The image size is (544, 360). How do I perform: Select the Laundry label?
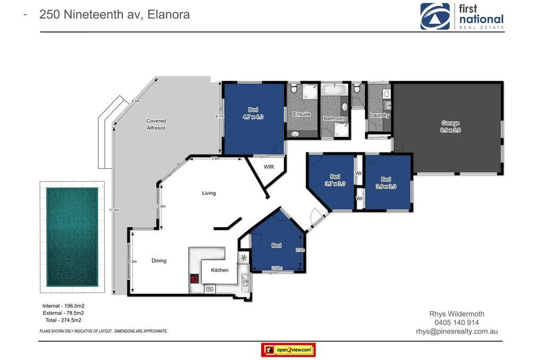pyautogui.click(x=379, y=115)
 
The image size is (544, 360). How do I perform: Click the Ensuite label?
pyautogui.click(x=302, y=114)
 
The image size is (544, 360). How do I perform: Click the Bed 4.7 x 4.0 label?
pyautogui.click(x=253, y=113)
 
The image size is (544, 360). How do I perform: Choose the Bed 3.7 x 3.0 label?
pyautogui.click(x=335, y=181)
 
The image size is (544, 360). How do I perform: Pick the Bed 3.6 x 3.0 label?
pyautogui.click(x=386, y=183)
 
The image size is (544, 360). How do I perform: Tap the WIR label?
pyautogui.click(x=269, y=167)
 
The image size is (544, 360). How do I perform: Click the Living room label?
pyautogui.click(x=209, y=193)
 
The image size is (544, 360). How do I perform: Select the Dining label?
pyautogui.click(x=159, y=261)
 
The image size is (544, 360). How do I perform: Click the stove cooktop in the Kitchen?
pyautogui.click(x=195, y=279)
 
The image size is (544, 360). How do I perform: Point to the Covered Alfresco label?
pyautogui.click(x=156, y=124)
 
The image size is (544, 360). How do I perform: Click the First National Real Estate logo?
pyautogui.click(x=462, y=16)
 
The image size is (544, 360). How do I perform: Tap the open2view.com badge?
pyautogui.click(x=288, y=350)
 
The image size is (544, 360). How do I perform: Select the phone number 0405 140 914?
pyautogui.click(x=456, y=322)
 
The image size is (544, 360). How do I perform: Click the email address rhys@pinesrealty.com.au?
pyautogui.click(x=456, y=331)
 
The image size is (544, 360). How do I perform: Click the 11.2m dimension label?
pyautogui.click(x=114, y=210)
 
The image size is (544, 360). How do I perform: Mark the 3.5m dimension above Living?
pyautogui.click(x=215, y=158)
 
